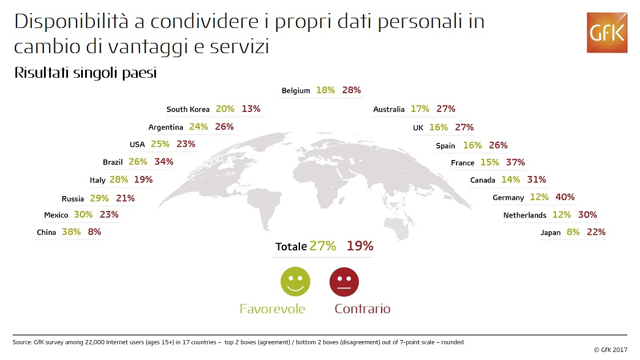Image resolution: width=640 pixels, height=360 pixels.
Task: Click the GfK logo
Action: click(607, 33)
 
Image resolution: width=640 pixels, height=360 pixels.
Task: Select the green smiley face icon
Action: click(295, 282)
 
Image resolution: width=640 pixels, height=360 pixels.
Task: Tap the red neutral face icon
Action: click(344, 282)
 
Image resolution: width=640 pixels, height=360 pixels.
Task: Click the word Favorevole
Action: click(272, 309)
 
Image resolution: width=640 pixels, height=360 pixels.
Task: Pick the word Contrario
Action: click(362, 309)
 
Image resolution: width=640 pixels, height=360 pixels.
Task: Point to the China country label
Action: click(46, 233)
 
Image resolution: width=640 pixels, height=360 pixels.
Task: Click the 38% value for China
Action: click(71, 232)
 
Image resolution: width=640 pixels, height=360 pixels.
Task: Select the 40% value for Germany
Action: click(565, 197)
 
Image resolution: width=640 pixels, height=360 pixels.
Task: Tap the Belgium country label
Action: click(295, 91)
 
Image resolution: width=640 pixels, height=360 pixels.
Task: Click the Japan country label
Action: click(550, 233)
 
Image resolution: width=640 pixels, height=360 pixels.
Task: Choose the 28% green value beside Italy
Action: click(118, 179)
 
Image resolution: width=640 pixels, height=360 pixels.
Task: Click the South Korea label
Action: click(188, 109)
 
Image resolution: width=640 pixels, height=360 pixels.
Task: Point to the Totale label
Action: click(291, 247)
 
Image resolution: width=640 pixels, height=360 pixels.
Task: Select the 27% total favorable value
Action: click(322, 246)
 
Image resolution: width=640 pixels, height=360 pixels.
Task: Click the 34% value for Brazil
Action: click(163, 162)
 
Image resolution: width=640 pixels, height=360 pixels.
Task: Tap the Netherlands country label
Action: click(525, 215)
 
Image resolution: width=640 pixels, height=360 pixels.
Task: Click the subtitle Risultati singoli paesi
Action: click(85, 74)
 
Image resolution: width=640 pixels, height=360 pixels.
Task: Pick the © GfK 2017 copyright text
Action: click(610, 350)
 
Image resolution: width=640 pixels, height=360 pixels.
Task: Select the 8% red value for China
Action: click(94, 232)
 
